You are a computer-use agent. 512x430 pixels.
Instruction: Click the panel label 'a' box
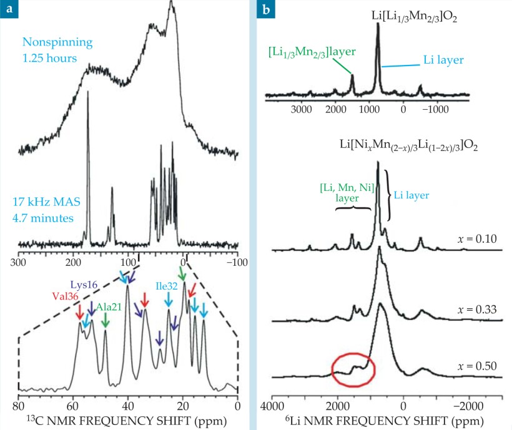pos(9,9)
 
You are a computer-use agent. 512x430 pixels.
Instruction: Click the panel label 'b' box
pos(267,9)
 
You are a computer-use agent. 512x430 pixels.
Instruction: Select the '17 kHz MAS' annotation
pos(42,202)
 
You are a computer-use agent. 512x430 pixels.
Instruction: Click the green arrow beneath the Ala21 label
pos(106,320)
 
